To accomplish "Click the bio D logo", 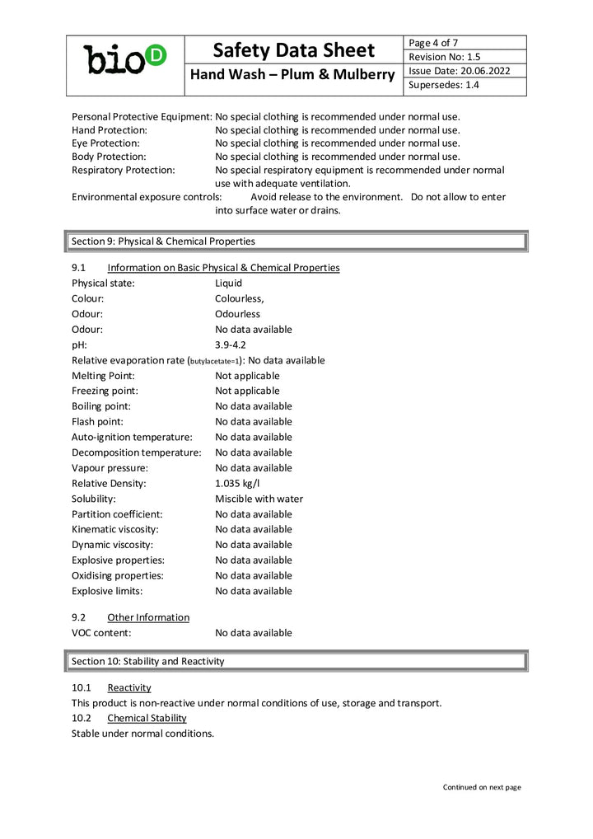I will pos(125,59).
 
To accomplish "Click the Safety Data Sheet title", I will pos(294,50).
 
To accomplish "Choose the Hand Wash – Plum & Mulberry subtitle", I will pos(294,75).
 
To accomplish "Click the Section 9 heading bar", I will pos(295,241).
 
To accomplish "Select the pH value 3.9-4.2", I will pos(231,345).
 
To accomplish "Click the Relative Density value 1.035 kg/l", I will pos(237,483).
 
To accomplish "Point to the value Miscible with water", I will pos(259,499).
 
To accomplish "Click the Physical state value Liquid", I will pos(228,283).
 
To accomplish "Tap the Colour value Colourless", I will pos(239,298).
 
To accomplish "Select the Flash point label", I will pos(97,421).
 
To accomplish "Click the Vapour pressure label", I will pos(110,467).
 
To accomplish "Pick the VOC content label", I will pos(101,633).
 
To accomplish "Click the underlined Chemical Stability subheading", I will pos(147,718).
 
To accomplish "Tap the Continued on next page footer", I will pos(482,787).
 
